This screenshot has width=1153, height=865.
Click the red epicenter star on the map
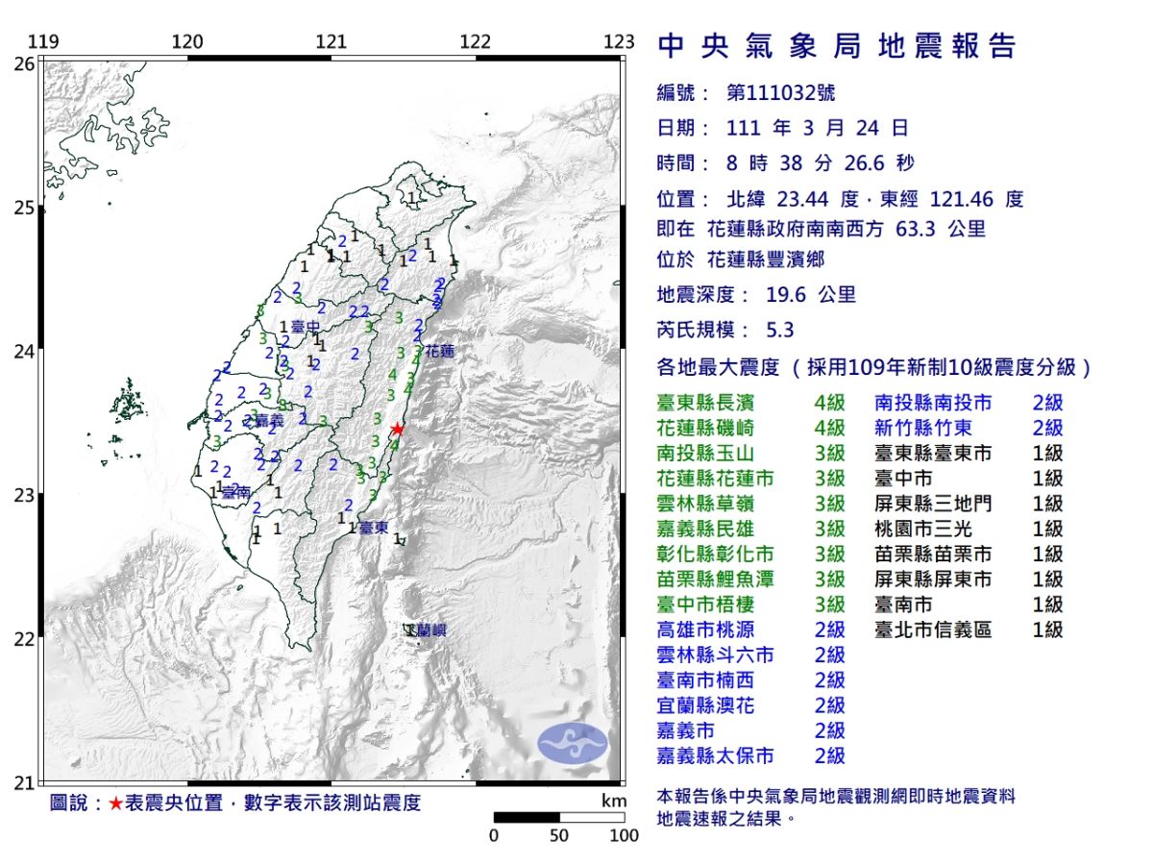(x=397, y=429)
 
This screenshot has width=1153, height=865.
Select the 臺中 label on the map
(x=305, y=327)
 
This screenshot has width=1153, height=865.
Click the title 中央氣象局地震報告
(x=836, y=45)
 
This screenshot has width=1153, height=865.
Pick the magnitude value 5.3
(x=780, y=330)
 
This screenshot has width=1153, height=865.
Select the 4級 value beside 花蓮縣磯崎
(x=829, y=428)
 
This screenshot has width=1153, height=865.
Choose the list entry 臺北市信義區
(x=933, y=630)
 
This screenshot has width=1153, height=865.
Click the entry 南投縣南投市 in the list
(x=933, y=403)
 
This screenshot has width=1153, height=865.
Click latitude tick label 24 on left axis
(x=26, y=351)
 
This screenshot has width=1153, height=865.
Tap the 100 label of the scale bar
(x=624, y=835)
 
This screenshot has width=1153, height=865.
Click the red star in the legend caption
(x=115, y=803)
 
